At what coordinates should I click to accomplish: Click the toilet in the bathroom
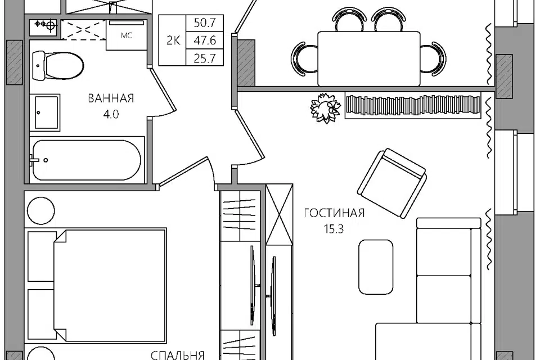pyautogui.click(x=58, y=65)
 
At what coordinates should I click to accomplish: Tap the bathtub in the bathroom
pyautogui.click(x=87, y=160)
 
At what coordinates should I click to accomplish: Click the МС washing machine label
pyautogui.click(x=127, y=35)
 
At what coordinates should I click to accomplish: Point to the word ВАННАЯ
pyautogui.click(x=111, y=98)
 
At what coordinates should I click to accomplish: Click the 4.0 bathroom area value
pyautogui.click(x=111, y=114)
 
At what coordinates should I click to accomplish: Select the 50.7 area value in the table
pyautogui.click(x=205, y=23)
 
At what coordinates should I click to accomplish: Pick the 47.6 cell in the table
pyautogui.click(x=205, y=40)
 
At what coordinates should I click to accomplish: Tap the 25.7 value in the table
pyautogui.click(x=205, y=58)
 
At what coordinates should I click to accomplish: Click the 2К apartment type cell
pyautogui.click(x=173, y=40)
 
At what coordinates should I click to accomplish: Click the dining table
pyautogui.click(x=369, y=58)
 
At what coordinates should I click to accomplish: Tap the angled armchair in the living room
pyautogui.click(x=392, y=183)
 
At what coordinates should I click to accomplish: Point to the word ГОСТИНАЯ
pyautogui.click(x=334, y=213)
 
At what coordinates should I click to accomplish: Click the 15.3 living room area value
pyautogui.click(x=334, y=229)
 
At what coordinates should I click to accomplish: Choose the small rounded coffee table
pyautogui.click(x=376, y=267)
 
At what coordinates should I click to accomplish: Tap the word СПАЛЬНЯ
pyautogui.click(x=178, y=355)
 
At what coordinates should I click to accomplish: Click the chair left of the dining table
pyautogui.click(x=303, y=59)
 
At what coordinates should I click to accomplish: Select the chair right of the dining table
pyautogui.click(x=433, y=59)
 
